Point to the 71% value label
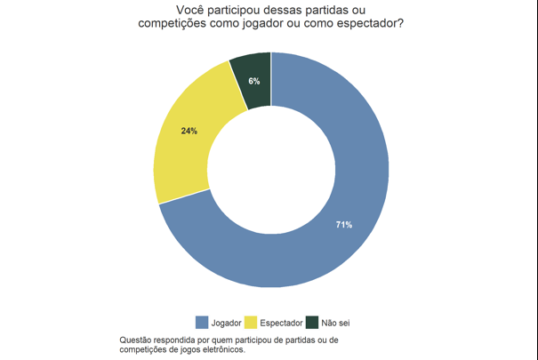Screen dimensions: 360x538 pyautogui.click(x=344, y=225)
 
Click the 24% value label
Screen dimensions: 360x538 pyautogui.click(x=189, y=131)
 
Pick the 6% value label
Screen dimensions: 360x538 pyautogui.click(x=254, y=81)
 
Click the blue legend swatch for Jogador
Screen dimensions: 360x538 pyautogui.click(x=201, y=323)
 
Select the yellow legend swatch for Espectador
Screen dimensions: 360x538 pyautogui.click(x=251, y=323)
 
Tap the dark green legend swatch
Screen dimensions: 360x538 pyautogui.click(x=312, y=323)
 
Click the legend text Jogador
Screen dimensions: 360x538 pyautogui.click(x=226, y=323)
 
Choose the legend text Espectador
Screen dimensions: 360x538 pyautogui.click(x=281, y=323)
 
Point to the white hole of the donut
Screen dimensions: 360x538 pyautogui.click(x=271, y=170)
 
